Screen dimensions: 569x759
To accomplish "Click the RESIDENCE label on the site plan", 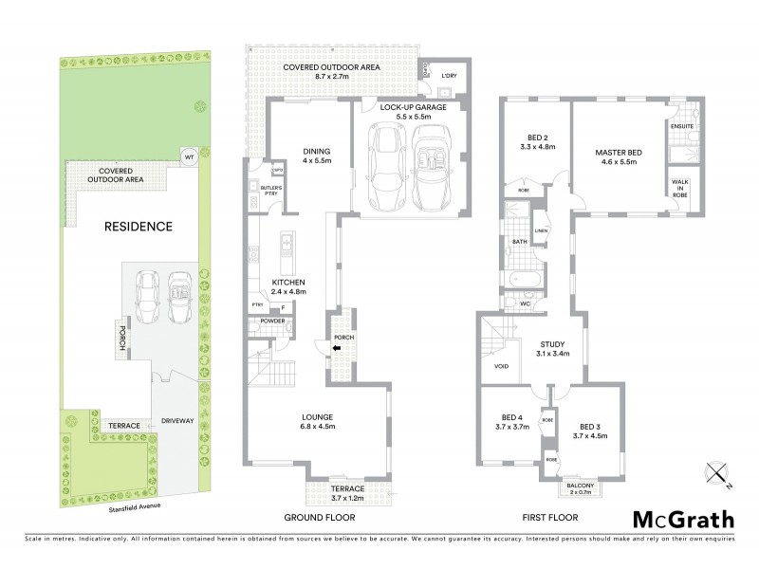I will (x=138, y=227).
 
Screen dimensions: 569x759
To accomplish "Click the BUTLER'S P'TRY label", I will (x=270, y=193).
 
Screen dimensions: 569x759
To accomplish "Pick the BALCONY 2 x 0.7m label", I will (x=578, y=487).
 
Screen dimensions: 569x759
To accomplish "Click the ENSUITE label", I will (x=681, y=126).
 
